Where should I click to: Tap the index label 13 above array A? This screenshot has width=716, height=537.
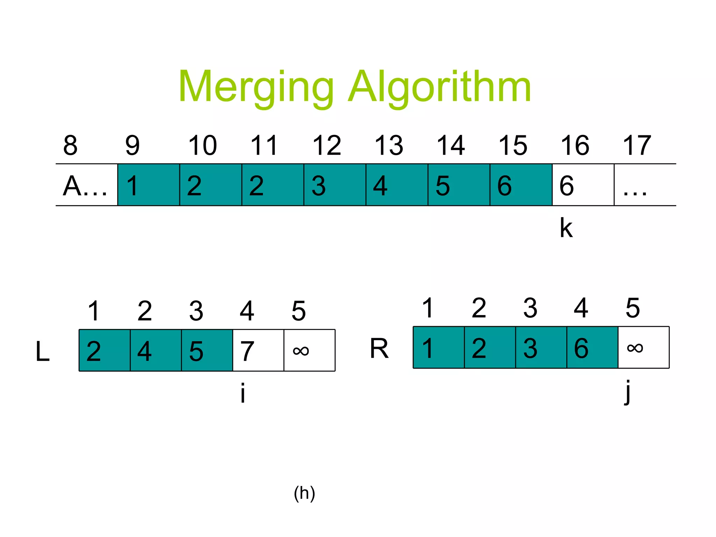point(389,145)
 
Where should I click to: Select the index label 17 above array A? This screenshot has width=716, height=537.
point(637,145)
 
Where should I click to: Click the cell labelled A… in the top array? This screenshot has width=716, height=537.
point(86,185)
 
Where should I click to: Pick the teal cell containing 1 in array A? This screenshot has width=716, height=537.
point(149,185)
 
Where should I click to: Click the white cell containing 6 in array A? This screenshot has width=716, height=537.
point(583,185)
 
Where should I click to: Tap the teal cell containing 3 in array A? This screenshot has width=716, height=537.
point(335,185)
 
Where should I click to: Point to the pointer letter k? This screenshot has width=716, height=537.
point(566,228)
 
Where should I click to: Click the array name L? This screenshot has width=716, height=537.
point(43,351)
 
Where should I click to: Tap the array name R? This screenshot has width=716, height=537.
point(379,348)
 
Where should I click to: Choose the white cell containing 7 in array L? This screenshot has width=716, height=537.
point(258,350)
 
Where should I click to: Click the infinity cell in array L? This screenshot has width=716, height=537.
point(309,350)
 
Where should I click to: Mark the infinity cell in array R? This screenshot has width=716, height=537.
point(644,348)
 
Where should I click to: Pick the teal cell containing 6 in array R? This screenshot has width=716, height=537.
point(592,348)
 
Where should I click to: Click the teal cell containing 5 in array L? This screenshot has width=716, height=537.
point(207,350)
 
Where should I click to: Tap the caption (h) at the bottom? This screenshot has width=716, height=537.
point(305,493)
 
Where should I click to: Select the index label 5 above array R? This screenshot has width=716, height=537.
point(633,308)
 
